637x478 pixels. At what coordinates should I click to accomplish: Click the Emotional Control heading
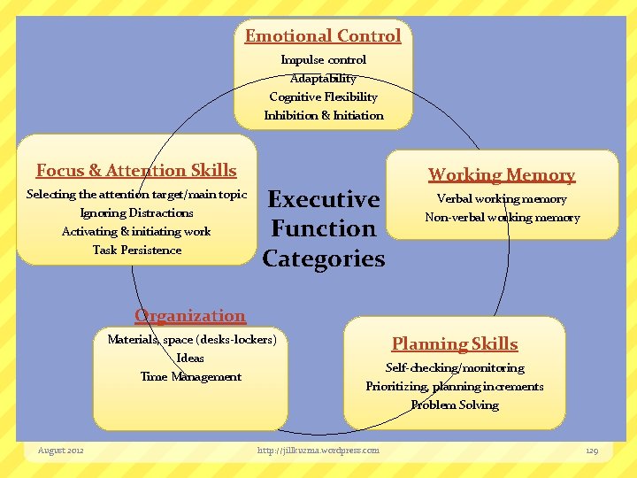point(323,36)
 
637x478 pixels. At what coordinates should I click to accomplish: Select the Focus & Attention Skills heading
point(136,170)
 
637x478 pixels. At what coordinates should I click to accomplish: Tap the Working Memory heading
point(502,175)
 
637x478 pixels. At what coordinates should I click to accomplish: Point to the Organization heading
point(190,316)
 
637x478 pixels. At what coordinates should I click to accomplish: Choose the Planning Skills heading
point(455,344)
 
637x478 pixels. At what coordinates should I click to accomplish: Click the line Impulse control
point(323,60)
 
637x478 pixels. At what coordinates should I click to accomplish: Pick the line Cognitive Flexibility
point(323,97)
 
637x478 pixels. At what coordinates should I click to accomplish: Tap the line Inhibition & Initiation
point(323,116)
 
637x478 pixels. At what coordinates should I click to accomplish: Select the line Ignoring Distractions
point(136,213)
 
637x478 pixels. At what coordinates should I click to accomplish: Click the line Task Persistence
point(136,251)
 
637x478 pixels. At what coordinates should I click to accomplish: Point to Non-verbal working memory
point(502,218)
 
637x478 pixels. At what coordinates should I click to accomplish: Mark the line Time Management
point(190,377)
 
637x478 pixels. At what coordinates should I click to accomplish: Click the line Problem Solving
point(455,405)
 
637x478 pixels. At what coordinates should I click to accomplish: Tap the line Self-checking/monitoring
point(455,368)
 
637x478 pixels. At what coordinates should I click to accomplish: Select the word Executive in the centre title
point(323,199)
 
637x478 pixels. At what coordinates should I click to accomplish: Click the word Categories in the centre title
point(323,259)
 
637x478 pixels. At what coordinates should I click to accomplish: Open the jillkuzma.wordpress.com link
point(318,451)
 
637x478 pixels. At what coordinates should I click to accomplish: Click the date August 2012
point(61,451)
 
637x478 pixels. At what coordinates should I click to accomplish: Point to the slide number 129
point(592,451)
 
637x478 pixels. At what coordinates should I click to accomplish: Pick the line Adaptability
point(323,79)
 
